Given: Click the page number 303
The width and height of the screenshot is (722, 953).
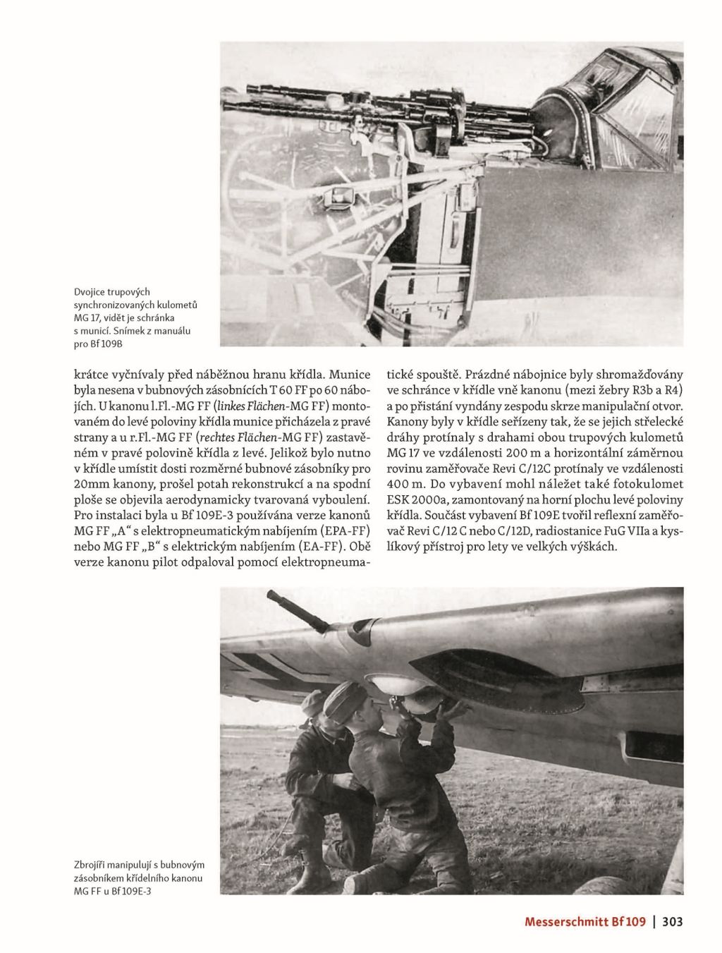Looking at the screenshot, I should tap(673, 921).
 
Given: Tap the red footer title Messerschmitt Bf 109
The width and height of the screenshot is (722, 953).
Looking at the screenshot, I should tap(585, 921).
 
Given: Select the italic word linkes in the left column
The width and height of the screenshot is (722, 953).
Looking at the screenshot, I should tap(234, 408).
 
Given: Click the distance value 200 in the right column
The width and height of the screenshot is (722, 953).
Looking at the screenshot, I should tap(512, 454).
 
